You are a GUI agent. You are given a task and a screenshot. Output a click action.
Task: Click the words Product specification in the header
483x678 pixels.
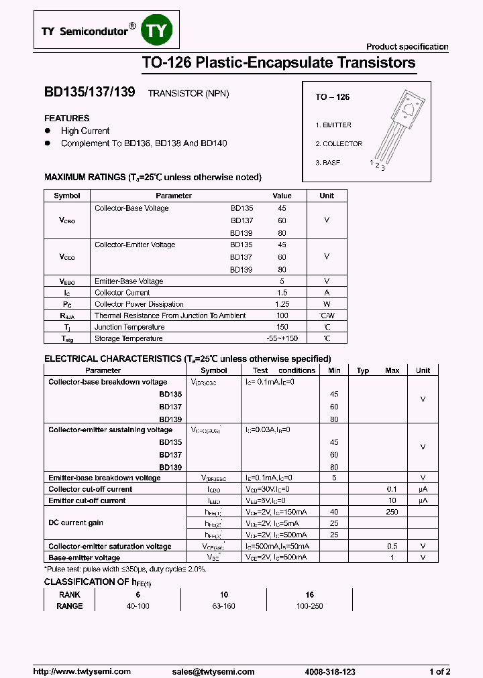[x=407, y=47]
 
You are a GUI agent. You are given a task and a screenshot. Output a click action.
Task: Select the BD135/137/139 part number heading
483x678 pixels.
[x=89, y=94]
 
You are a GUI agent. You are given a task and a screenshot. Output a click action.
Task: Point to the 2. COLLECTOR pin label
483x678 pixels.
[x=339, y=144]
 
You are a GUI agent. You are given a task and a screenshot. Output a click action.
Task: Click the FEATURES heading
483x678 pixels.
[x=67, y=119]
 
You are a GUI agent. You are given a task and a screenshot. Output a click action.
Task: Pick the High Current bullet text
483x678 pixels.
[x=85, y=131]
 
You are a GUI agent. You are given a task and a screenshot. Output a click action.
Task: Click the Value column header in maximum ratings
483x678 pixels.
[x=282, y=196]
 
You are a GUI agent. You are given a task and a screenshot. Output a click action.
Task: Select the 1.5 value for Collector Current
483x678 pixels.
[x=282, y=293]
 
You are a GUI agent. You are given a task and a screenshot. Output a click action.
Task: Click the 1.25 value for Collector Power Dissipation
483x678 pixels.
[x=282, y=304]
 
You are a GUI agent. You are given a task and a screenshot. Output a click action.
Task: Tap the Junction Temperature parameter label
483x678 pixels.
[x=129, y=327]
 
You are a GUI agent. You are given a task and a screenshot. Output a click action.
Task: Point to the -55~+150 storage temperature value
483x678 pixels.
[x=282, y=339]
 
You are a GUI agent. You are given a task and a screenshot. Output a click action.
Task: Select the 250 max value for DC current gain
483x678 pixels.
[x=392, y=512]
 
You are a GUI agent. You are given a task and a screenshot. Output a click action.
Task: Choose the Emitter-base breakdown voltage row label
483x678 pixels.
[x=105, y=478]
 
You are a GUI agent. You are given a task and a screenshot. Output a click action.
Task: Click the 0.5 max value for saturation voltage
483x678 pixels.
[x=392, y=547]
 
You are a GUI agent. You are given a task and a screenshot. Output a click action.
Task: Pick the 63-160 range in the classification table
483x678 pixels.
[x=224, y=606]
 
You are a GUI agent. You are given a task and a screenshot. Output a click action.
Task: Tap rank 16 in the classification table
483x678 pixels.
[x=309, y=595]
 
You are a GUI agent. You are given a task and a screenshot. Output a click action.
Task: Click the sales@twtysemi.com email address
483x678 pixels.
[x=213, y=671]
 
